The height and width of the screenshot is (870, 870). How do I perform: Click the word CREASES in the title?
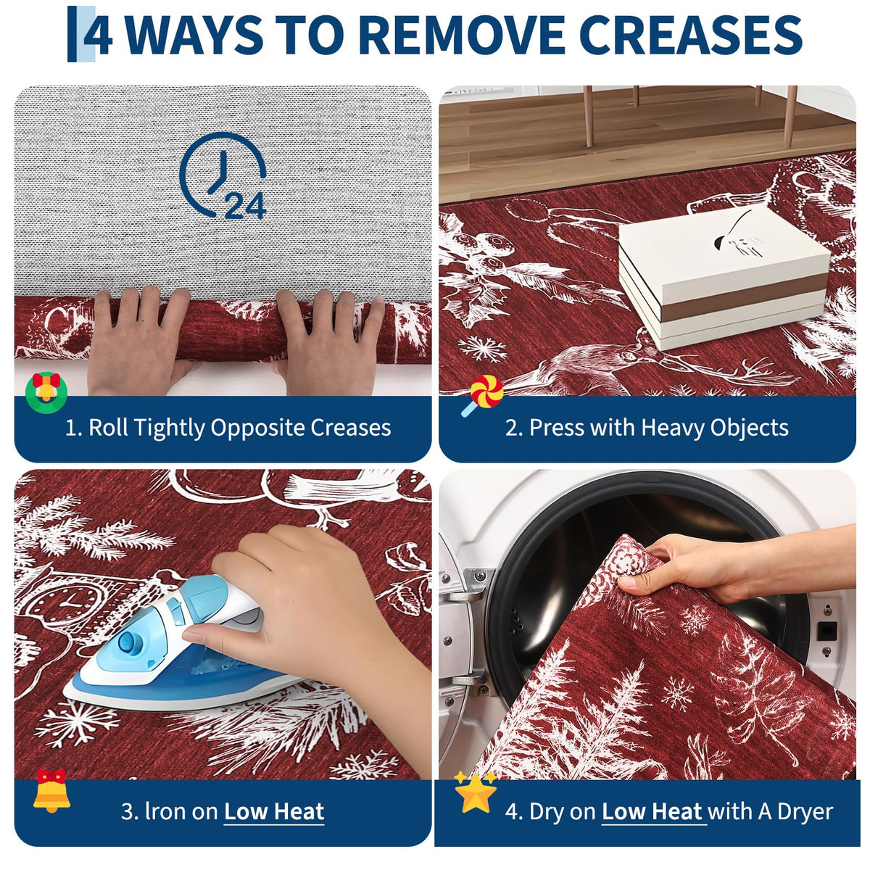click(690, 35)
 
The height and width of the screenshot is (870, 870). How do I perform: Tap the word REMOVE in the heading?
click(461, 35)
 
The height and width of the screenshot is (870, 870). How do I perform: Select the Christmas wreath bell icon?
click(46, 393)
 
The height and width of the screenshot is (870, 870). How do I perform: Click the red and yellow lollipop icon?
click(483, 395)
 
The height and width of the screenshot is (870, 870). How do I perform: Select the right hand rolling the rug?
click(330, 342)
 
